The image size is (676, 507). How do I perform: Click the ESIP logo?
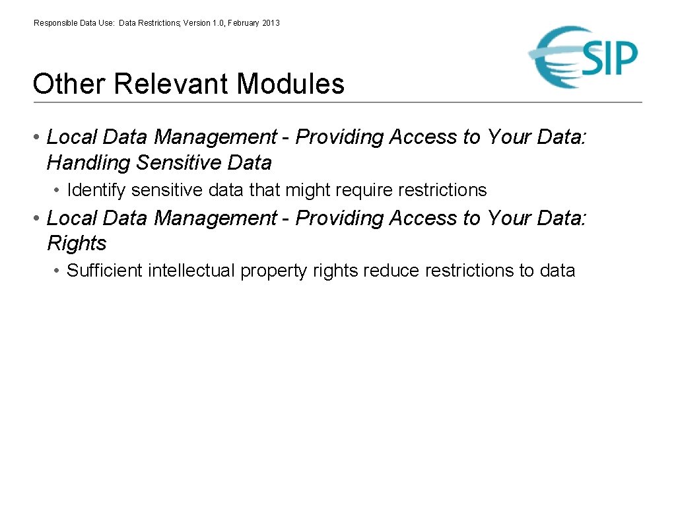click(x=584, y=57)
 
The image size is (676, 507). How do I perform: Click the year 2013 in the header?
click(x=271, y=23)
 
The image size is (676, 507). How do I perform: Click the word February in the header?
click(x=244, y=23)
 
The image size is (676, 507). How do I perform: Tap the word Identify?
click(x=96, y=190)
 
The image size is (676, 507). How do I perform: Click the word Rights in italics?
click(x=77, y=244)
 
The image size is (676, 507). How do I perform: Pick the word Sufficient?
click(x=104, y=271)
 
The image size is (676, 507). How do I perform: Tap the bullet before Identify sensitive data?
click(x=58, y=191)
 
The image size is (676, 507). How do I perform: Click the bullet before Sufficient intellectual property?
click(x=58, y=271)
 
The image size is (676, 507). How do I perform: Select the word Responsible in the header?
click(x=55, y=23)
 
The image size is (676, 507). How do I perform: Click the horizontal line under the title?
click(x=337, y=102)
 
